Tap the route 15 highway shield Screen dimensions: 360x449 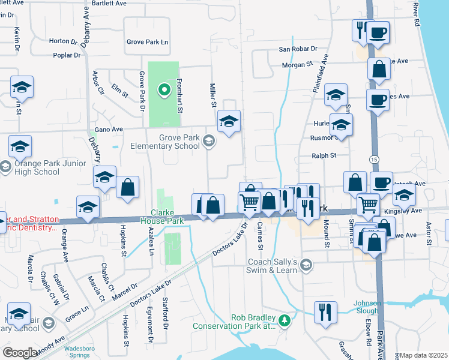(374, 159)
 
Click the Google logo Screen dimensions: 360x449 (19, 352)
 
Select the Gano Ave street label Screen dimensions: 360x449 (109, 129)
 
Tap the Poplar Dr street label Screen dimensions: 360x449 (67, 55)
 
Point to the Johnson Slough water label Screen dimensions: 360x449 (367, 307)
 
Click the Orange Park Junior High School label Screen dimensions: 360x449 (38, 167)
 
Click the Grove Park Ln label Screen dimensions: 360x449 (147, 42)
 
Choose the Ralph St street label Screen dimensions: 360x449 (324, 155)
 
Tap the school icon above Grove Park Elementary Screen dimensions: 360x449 (229, 121)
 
